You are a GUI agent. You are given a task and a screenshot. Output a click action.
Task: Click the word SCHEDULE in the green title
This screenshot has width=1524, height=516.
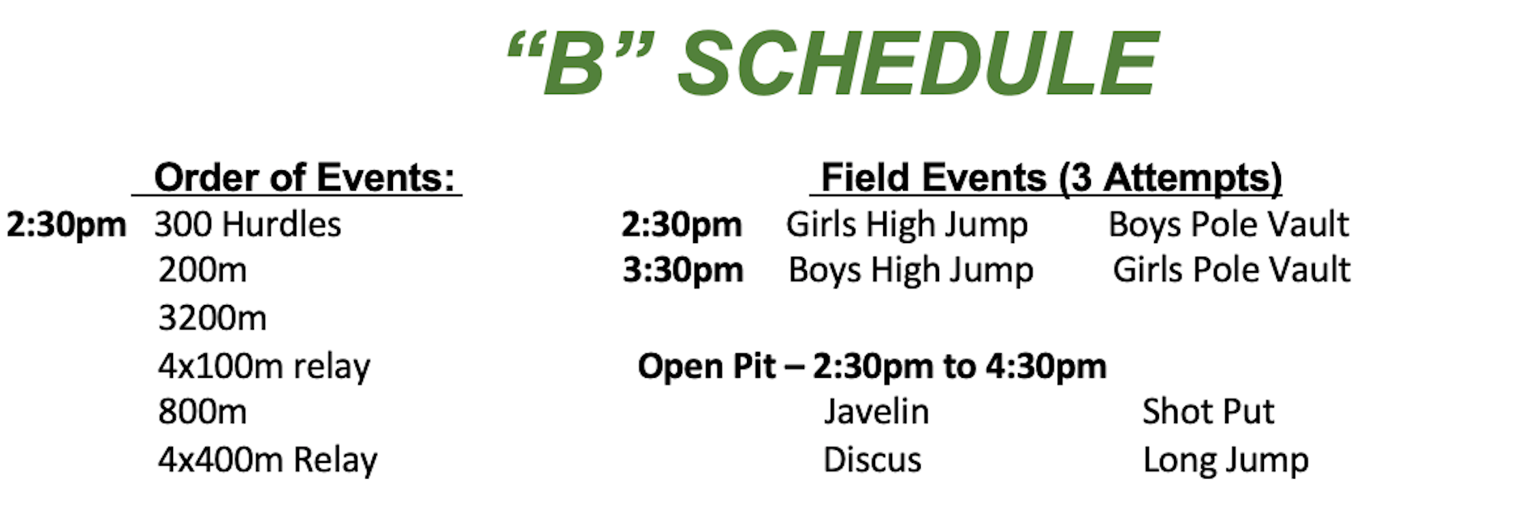pos(917,63)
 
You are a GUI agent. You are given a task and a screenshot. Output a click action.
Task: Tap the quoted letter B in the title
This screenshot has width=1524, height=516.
pos(580,63)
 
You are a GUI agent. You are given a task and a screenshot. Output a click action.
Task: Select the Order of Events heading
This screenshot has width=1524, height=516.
pos(304,178)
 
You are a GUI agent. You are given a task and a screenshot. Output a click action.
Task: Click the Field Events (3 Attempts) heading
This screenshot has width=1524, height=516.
pos(1051,178)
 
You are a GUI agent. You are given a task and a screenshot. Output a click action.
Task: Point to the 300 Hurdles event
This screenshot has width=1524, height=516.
pos(248,224)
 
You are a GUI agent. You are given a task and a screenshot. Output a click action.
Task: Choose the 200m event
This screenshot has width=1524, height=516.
pos(202,270)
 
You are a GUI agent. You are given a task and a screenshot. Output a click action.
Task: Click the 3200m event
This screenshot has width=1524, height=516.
pos(212,318)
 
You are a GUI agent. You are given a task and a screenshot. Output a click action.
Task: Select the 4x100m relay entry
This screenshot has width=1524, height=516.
pos(264,366)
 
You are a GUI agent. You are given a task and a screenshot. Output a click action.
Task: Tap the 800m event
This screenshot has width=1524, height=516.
pos(202,412)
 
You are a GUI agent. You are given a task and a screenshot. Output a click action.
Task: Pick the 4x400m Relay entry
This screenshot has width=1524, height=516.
pos(268,459)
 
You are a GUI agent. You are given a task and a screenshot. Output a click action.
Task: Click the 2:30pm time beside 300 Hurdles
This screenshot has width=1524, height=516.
pos(66,225)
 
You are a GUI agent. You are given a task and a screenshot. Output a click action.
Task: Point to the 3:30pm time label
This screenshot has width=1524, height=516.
pos(682,271)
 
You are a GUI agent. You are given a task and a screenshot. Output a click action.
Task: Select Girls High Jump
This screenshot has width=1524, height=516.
pos(907,225)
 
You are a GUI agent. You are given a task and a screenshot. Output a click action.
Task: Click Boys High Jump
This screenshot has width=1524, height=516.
pos(911,270)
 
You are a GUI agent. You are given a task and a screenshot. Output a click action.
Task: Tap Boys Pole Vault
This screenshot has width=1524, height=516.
pos(1229,225)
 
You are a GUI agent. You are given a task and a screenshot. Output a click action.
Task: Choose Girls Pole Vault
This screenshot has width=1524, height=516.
pos(1232,270)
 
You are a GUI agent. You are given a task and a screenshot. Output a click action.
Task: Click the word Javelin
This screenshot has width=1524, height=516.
pos(876,412)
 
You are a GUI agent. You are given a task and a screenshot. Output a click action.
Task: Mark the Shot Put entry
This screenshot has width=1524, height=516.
pos(1208,412)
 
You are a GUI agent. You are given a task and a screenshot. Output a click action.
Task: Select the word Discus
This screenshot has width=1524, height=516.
pos(872,460)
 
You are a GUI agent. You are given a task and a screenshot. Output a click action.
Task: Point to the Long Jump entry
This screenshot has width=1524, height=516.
pos(1226,461)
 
